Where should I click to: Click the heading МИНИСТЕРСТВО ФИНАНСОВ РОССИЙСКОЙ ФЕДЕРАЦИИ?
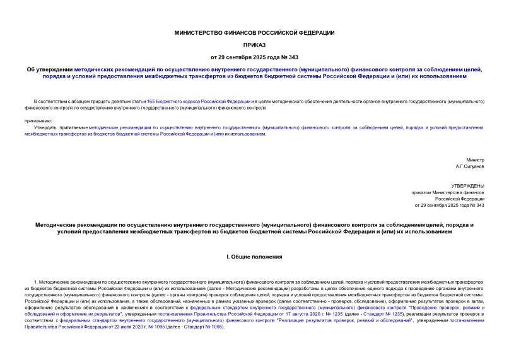pyautogui.click(x=254, y=32)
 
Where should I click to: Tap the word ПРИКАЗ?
pyautogui.click(x=254, y=45)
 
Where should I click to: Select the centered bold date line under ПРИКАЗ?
pyautogui.click(x=254, y=57)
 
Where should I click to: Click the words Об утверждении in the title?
pyautogui.click(x=54, y=69)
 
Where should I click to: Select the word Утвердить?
pyautogui.click(x=47, y=127)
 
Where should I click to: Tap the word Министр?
pyautogui.click(x=475, y=160)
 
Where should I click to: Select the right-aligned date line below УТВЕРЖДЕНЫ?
pyautogui.click(x=449, y=206)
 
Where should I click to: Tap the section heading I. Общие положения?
pyautogui.click(x=254, y=257)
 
